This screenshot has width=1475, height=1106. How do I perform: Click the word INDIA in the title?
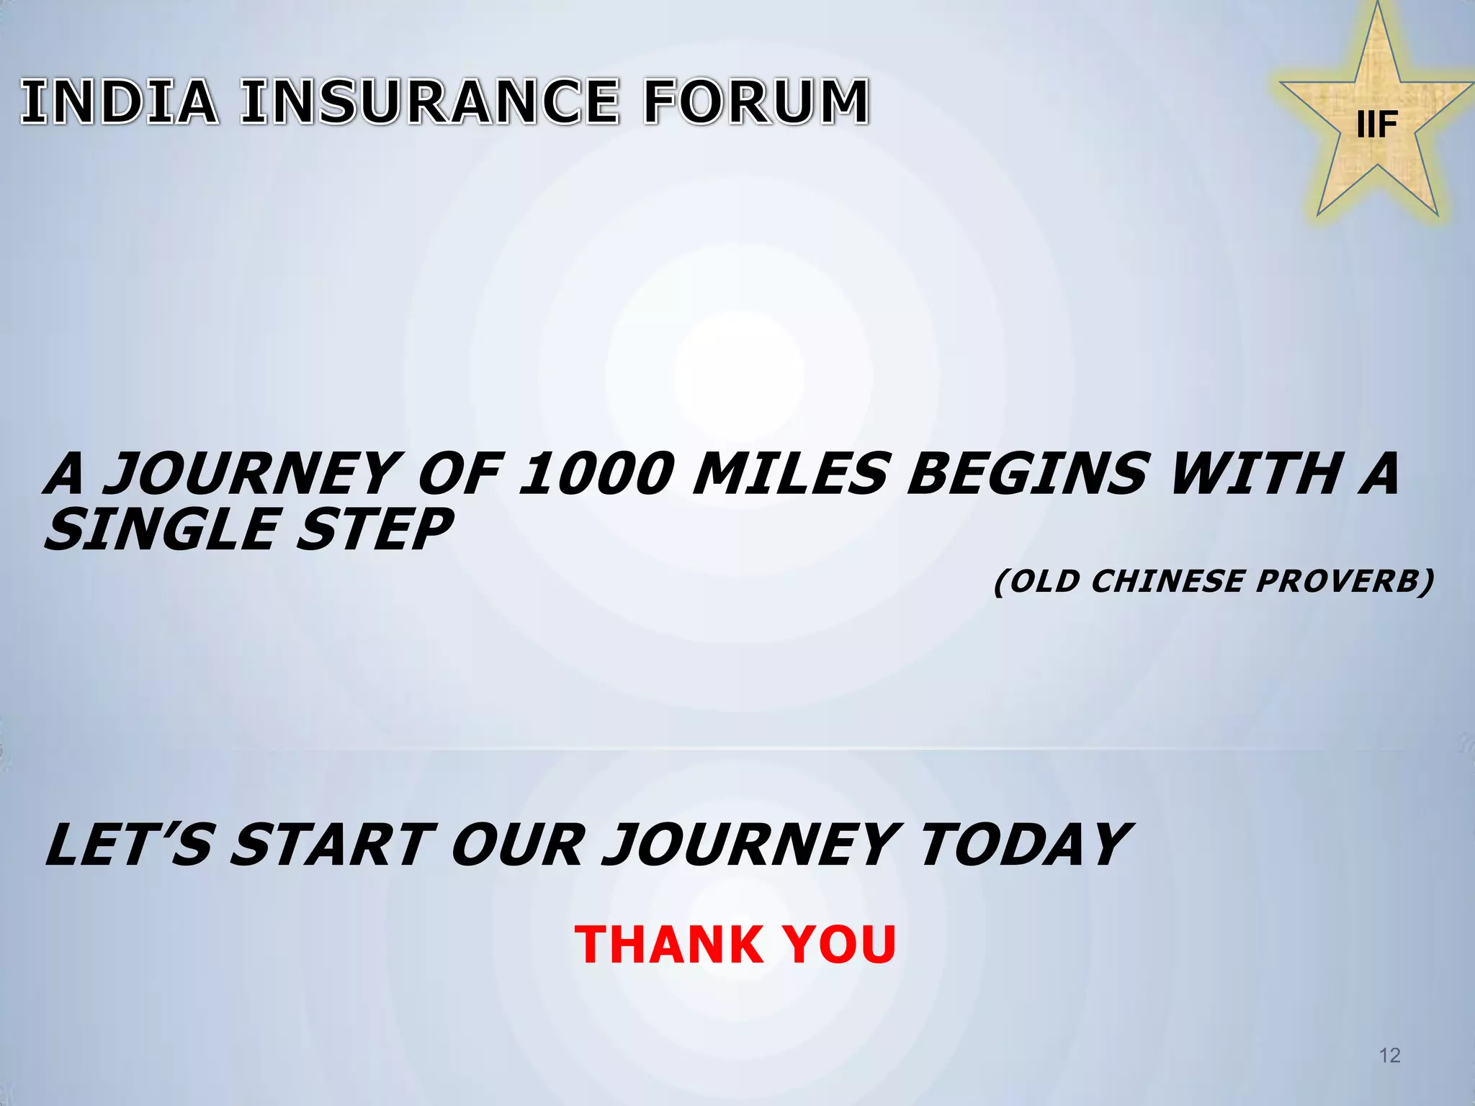120,102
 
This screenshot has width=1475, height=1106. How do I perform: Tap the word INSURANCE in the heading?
430,102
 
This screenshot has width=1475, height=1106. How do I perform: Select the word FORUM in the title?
756,102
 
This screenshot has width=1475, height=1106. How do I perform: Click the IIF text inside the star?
1377,125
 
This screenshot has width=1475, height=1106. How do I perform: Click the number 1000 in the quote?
596,475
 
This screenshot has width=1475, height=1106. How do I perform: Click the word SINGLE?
161,530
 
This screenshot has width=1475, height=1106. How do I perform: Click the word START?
333,845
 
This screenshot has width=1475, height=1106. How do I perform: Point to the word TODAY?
1023,845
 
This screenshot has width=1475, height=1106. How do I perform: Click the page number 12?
1389,1056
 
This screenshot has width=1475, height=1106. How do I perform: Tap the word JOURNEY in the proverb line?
248,475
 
